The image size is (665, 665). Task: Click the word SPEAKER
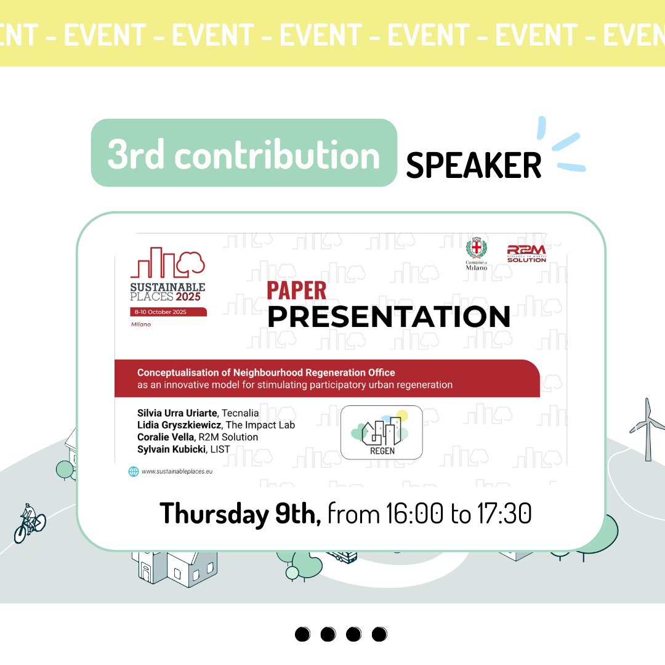pos(474,165)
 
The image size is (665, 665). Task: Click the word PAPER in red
pos(297,291)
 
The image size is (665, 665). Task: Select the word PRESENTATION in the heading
pos(389,316)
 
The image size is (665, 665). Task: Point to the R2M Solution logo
pos(526,253)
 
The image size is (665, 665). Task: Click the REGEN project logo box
pos(381,432)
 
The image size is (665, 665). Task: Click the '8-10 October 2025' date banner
pos(168,312)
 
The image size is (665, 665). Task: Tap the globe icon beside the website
pos(133,472)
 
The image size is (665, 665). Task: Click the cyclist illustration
pos(28,524)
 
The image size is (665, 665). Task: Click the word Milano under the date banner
pos(141,324)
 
